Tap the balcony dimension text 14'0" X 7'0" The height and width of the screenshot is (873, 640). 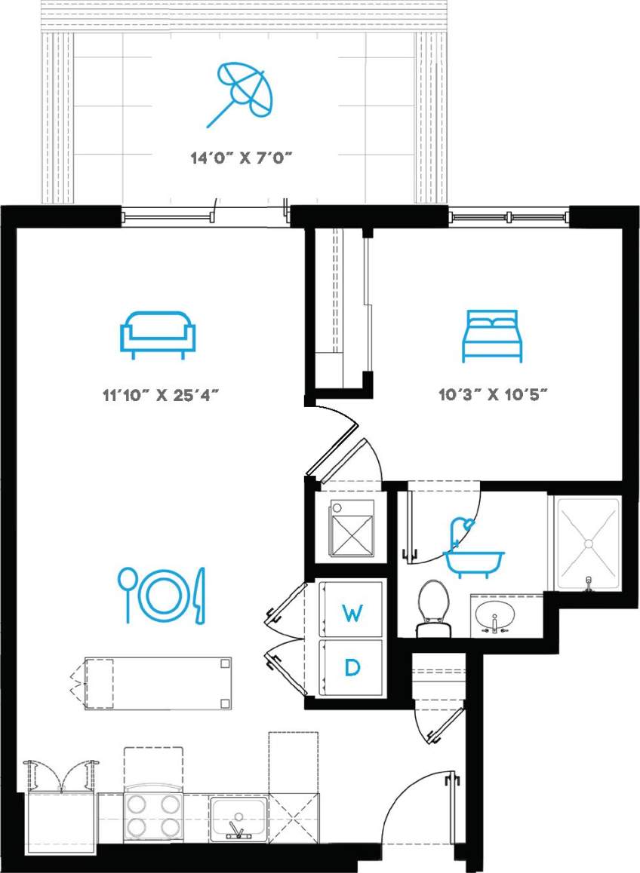point(241,158)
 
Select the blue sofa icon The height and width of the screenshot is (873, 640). point(158,333)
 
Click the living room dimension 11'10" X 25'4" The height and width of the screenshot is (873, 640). point(165,394)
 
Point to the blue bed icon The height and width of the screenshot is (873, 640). point(492,335)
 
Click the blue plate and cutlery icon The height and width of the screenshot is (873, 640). point(162,595)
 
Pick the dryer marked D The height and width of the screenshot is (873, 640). point(352,667)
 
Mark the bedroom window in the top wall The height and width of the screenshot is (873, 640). point(509,217)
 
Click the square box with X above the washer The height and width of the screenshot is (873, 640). point(351,530)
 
